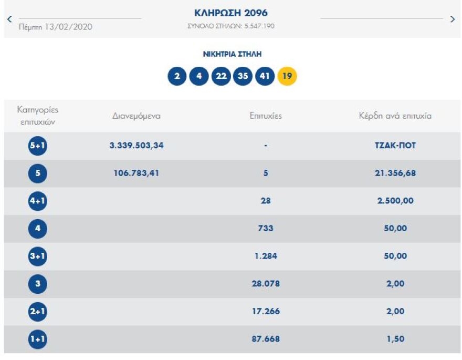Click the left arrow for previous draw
pyautogui.click(x=9, y=19)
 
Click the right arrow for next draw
pyautogui.click(x=453, y=19)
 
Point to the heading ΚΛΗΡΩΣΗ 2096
pyautogui.click(x=231, y=13)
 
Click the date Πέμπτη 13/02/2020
pyautogui.click(x=55, y=27)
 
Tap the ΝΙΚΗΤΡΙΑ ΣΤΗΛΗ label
pyautogui.click(x=232, y=54)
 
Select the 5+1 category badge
pyautogui.click(x=38, y=146)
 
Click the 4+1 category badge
pyautogui.click(x=38, y=201)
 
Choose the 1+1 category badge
pyautogui.click(x=38, y=340)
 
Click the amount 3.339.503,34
pyautogui.click(x=136, y=146)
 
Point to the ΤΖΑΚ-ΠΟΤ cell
pyautogui.click(x=392, y=146)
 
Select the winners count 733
pyautogui.click(x=266, y=229)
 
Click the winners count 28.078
pyautogui.click(x=266, y=284)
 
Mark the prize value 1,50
pyautogui.click(x=395, y=339)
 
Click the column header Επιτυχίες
pyautogui.click(x=266, y=116)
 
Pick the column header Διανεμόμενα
pyautogui.click(x=136, y=116)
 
